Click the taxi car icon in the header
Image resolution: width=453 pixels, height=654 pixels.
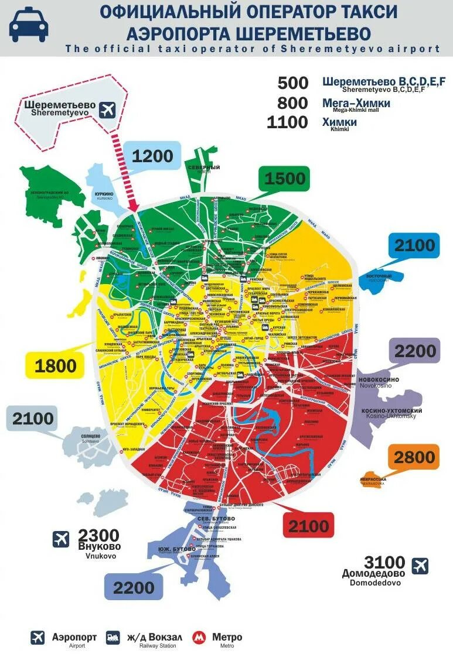[x=29, y=25]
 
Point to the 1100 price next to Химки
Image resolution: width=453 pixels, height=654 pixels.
[x=287, y=122]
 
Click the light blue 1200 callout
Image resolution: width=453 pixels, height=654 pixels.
[x=152, y=156]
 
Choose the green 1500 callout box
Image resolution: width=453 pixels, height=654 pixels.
[x=284, y=179]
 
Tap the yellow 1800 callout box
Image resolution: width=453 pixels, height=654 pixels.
[x=56, y=366]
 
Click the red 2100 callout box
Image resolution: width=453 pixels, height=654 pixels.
[x=308, y=525]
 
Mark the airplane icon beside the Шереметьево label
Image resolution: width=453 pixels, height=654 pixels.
[x=107, y=109]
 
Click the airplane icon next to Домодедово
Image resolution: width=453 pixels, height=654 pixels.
[x=420, y=566]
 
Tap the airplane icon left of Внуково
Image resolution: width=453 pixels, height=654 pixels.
[x=61, y=539]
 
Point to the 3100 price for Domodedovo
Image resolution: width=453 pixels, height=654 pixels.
[x=384, y=562]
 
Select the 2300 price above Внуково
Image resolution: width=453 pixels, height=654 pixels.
[x=98, y=535]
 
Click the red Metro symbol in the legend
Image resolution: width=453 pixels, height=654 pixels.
[x=200, y=638]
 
